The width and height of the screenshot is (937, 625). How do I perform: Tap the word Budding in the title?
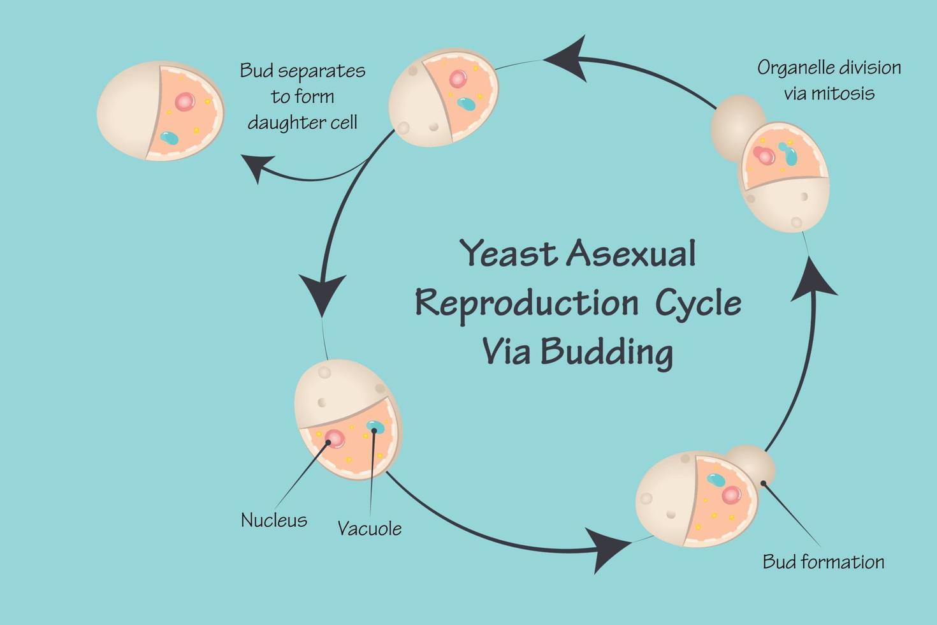[x=607, y=352]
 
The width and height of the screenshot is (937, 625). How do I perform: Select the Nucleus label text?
[x=274, y=520]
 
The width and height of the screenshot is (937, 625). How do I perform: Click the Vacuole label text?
[x=370, y=529]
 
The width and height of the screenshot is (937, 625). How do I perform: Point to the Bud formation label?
[x=823, y=562]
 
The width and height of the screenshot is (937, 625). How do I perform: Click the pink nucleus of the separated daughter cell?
[x=185, y=101]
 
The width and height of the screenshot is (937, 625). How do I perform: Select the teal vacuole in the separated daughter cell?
[x=169, y=137]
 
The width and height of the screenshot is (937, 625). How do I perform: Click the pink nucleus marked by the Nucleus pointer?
[x=335, y=439]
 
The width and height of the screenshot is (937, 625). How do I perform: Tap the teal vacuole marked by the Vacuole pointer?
[x=375, y=426]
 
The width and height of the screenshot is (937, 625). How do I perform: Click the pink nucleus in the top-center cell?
[x=458, y=79]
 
